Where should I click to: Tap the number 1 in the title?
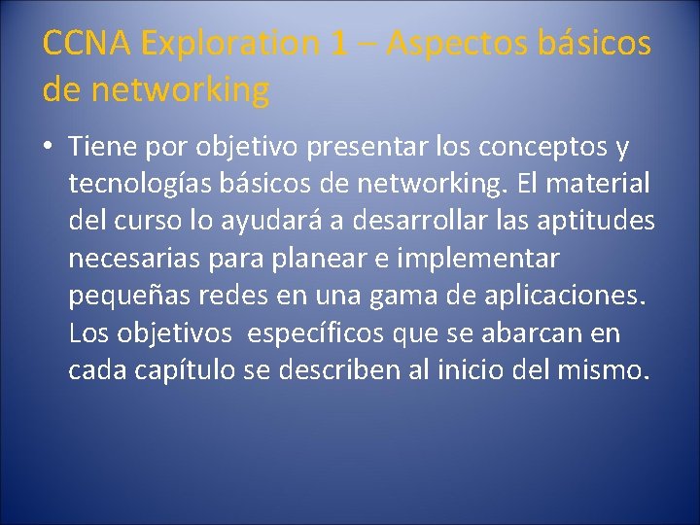pyautogui.click(x=337, y=44)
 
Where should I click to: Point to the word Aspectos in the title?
pyautogui.click(x=446, y=44)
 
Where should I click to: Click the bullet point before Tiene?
pyautogui.click(x=48, y=149)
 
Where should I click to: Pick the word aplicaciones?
pyautogui.click(x=566, y=296)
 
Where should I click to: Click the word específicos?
pyautogui.click(x=318, y=332)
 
